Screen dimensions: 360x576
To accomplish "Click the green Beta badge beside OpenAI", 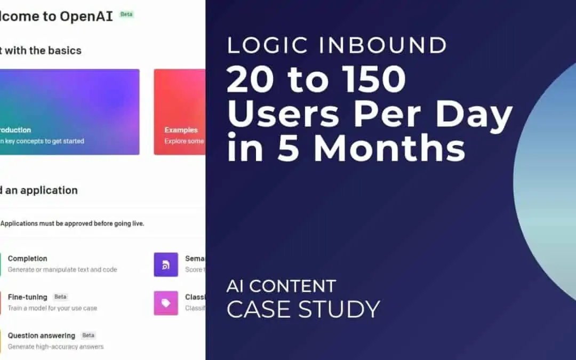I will [x=126, y=14].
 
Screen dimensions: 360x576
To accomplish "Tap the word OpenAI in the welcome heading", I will [x=86, y=16].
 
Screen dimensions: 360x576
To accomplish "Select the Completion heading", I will [x=27, y=259].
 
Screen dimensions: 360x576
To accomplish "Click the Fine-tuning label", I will [x=27, y=297].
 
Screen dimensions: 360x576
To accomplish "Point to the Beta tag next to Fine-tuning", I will [x=60, y=297].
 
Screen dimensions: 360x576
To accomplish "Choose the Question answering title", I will [x=41, y=335].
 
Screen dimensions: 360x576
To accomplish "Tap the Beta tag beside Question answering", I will [x=88, y=335].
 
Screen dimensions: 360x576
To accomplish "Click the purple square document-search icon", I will [x=166, y=265].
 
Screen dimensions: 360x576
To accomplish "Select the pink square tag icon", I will [x=166, y=303].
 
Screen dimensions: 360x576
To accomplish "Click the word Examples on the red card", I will [x=181, y=130].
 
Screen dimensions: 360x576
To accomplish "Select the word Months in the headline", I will [x=389, y=150].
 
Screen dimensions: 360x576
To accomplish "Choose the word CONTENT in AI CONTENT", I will [x=293, y=286].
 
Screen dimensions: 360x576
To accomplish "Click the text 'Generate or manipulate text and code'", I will [x=62, y=270].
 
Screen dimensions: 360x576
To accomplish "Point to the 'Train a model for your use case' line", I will [x=52, y=308].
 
